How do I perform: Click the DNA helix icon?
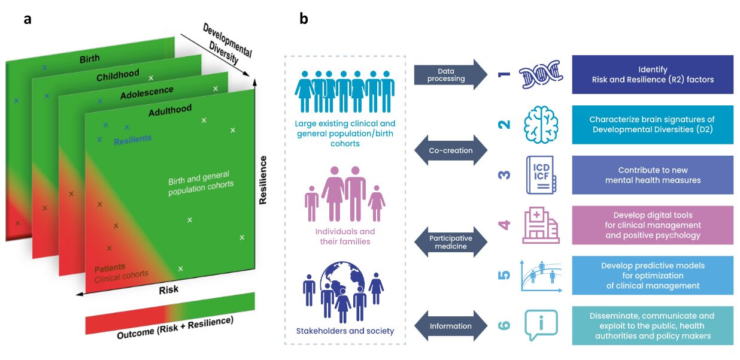coord(541,74)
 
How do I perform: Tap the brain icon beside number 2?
coord(541,125)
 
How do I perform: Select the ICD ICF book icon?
coord(541,175)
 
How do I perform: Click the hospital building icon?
coord(540,225)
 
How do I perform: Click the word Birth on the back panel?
coord(89,59)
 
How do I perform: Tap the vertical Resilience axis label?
coord(263,179)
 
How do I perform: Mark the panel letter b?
coord(304,19)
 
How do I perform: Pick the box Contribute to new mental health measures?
coord(653,175)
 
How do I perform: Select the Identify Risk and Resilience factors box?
coord(653,74)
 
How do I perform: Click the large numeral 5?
coord(504,276)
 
